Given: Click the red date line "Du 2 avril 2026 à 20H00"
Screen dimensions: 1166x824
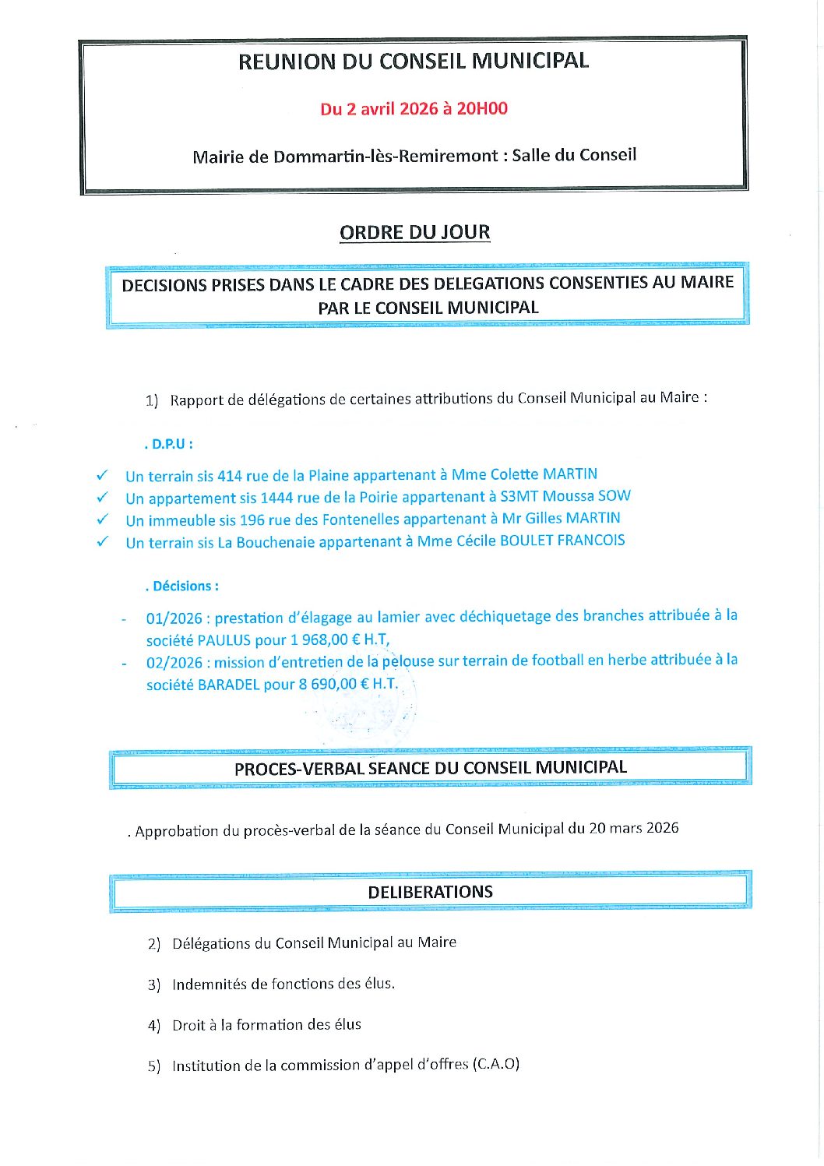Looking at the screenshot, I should [414, 108].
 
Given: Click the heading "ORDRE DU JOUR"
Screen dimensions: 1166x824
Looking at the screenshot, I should [414, 232].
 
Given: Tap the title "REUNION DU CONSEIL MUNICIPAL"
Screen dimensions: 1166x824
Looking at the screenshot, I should [413, 61].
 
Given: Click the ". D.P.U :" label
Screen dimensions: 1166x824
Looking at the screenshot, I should [168, 444].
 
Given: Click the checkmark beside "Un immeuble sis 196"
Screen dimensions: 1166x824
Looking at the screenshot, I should [102, 519].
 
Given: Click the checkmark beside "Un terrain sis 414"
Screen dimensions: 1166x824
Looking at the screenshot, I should [102, 474].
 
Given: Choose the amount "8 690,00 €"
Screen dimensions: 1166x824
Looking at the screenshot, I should [333, 684].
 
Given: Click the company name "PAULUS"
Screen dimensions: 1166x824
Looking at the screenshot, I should [224, 640].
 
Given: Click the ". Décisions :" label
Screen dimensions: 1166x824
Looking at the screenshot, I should [182, 586].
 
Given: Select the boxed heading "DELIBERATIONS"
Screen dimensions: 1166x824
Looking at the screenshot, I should [430, 892].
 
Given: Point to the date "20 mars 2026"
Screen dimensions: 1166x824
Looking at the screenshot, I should [633, 827].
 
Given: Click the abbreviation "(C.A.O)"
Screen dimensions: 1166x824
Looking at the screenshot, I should [495, 1063].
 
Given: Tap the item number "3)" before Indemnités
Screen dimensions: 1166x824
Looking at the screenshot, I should [154, 985].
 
